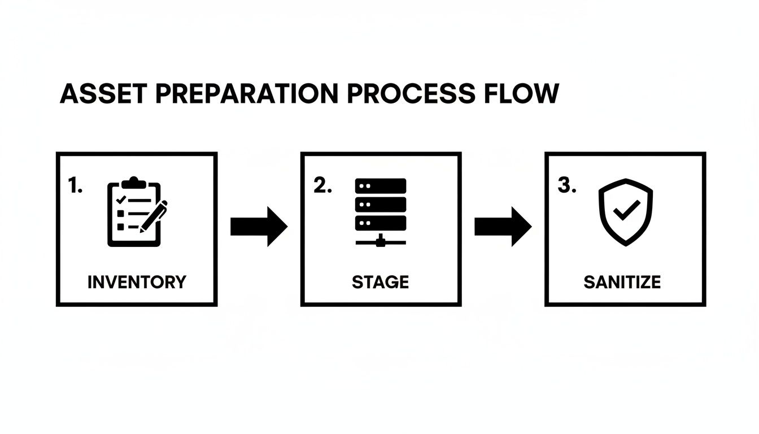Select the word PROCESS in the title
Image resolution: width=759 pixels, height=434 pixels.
coord(411,94)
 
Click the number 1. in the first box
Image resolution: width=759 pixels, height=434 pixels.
coord(75,186)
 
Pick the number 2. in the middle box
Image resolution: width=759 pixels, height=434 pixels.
coord(322,186)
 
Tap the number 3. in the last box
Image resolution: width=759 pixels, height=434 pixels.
coord(566,186)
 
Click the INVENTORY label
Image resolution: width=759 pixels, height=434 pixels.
coord(137,281)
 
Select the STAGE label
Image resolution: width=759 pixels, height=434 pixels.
coord(380,281)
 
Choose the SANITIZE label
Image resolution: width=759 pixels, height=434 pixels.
coord(622,281)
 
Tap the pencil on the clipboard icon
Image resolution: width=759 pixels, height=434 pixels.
coord(154,216)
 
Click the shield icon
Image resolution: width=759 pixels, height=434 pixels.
coord(625,212)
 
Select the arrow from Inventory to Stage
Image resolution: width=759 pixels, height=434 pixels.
coord(259,227)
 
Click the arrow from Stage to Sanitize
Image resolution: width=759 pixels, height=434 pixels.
coord(503,227)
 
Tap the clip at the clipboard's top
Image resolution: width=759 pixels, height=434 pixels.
coord(133,182)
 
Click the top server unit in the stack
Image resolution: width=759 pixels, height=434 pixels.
coord(381,186)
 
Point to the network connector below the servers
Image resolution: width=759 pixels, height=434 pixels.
coord(381,240)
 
